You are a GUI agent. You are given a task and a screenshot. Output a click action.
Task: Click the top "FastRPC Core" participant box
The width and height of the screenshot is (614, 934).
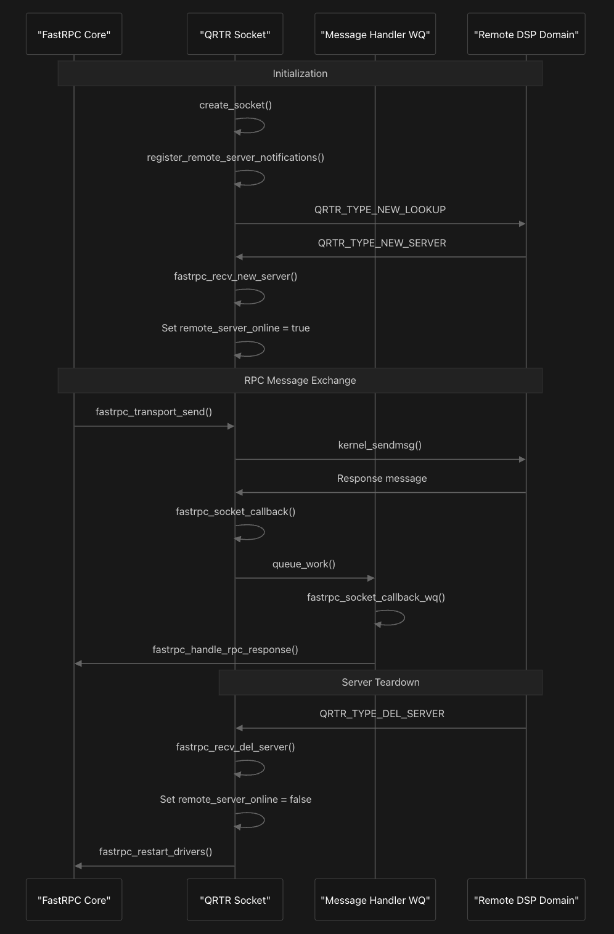pos(74,34)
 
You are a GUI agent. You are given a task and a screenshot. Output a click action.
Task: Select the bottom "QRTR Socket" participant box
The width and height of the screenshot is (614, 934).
pos(235,899)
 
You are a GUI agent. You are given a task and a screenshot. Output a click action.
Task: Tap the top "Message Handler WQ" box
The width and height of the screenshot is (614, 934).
pos(375,34)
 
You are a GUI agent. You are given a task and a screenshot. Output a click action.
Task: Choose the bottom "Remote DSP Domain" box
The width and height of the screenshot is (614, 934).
pos(526,899)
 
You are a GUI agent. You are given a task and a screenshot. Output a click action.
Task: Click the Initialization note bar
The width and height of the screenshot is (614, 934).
pos(300,73)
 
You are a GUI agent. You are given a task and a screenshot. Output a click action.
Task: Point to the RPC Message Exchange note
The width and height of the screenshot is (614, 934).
pos(300,380)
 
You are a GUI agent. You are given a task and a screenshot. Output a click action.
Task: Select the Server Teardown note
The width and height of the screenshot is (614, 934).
pos(380,682)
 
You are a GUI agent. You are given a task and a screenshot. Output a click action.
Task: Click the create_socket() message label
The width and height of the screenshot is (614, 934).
pos(235,105)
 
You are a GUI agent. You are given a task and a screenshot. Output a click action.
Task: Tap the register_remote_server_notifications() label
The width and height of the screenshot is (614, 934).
pos(235,158)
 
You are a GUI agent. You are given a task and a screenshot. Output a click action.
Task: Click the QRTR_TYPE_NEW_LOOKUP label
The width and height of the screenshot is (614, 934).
pos(380,209)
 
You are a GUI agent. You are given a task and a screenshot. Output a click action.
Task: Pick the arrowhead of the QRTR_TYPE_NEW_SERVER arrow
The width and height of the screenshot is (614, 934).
pos(239,257)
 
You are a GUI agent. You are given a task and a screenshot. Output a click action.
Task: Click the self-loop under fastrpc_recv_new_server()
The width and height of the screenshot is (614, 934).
pos(250,296)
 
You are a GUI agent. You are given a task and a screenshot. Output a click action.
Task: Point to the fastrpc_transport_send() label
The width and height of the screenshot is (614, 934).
pos(154,412)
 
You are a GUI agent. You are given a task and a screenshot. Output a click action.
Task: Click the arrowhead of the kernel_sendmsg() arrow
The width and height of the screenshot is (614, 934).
pos(522,459)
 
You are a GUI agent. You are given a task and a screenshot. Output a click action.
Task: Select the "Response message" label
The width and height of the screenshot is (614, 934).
pos(382,478)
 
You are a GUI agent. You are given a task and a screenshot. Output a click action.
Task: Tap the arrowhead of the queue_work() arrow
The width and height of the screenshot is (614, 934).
pos(371,578)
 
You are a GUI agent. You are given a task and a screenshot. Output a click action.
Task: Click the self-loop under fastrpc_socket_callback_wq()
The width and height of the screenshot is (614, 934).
pos(390,617)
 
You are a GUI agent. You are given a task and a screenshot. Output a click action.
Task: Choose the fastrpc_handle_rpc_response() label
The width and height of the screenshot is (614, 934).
pos(225,649)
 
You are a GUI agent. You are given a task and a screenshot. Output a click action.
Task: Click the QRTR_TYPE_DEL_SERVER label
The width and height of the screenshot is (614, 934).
pos(382,714)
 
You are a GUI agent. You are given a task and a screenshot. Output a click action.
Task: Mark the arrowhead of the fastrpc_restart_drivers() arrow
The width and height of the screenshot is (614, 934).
pos(78,866)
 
